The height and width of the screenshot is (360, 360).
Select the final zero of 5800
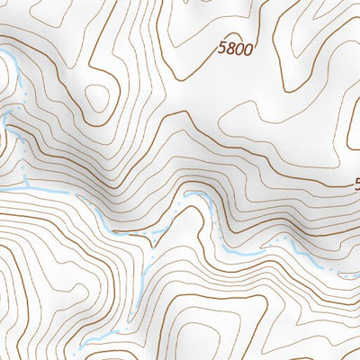(247, 51)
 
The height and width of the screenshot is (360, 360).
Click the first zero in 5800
(238, 51)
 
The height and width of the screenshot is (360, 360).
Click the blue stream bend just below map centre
(193, 196)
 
